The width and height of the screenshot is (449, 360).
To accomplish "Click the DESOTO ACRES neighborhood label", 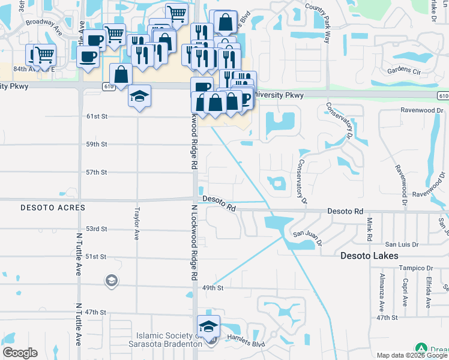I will click(x=53, y=208).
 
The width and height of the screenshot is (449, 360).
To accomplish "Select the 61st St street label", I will click(x=96, y=116).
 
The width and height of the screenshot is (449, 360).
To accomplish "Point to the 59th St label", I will click(x=96, y=145).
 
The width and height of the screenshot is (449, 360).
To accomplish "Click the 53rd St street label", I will click(x=96, y=229).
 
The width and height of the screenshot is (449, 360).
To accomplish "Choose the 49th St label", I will click(x=212, y=288).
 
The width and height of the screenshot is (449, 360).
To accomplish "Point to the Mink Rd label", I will click(x=370, y=227).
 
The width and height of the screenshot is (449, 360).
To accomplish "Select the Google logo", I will click(x=20, y=353).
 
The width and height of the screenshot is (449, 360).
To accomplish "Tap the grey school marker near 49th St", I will click(x=112, y=281).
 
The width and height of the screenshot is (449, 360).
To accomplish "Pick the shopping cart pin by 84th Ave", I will click(x=44, y=55).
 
